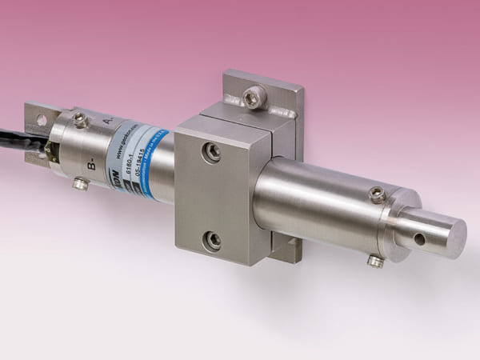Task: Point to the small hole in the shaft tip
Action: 420,238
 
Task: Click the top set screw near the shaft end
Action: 377,194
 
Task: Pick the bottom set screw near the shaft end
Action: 374,260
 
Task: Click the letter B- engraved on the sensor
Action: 92,167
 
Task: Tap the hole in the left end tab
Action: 40,120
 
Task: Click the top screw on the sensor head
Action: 80,120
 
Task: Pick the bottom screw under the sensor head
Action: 80,184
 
